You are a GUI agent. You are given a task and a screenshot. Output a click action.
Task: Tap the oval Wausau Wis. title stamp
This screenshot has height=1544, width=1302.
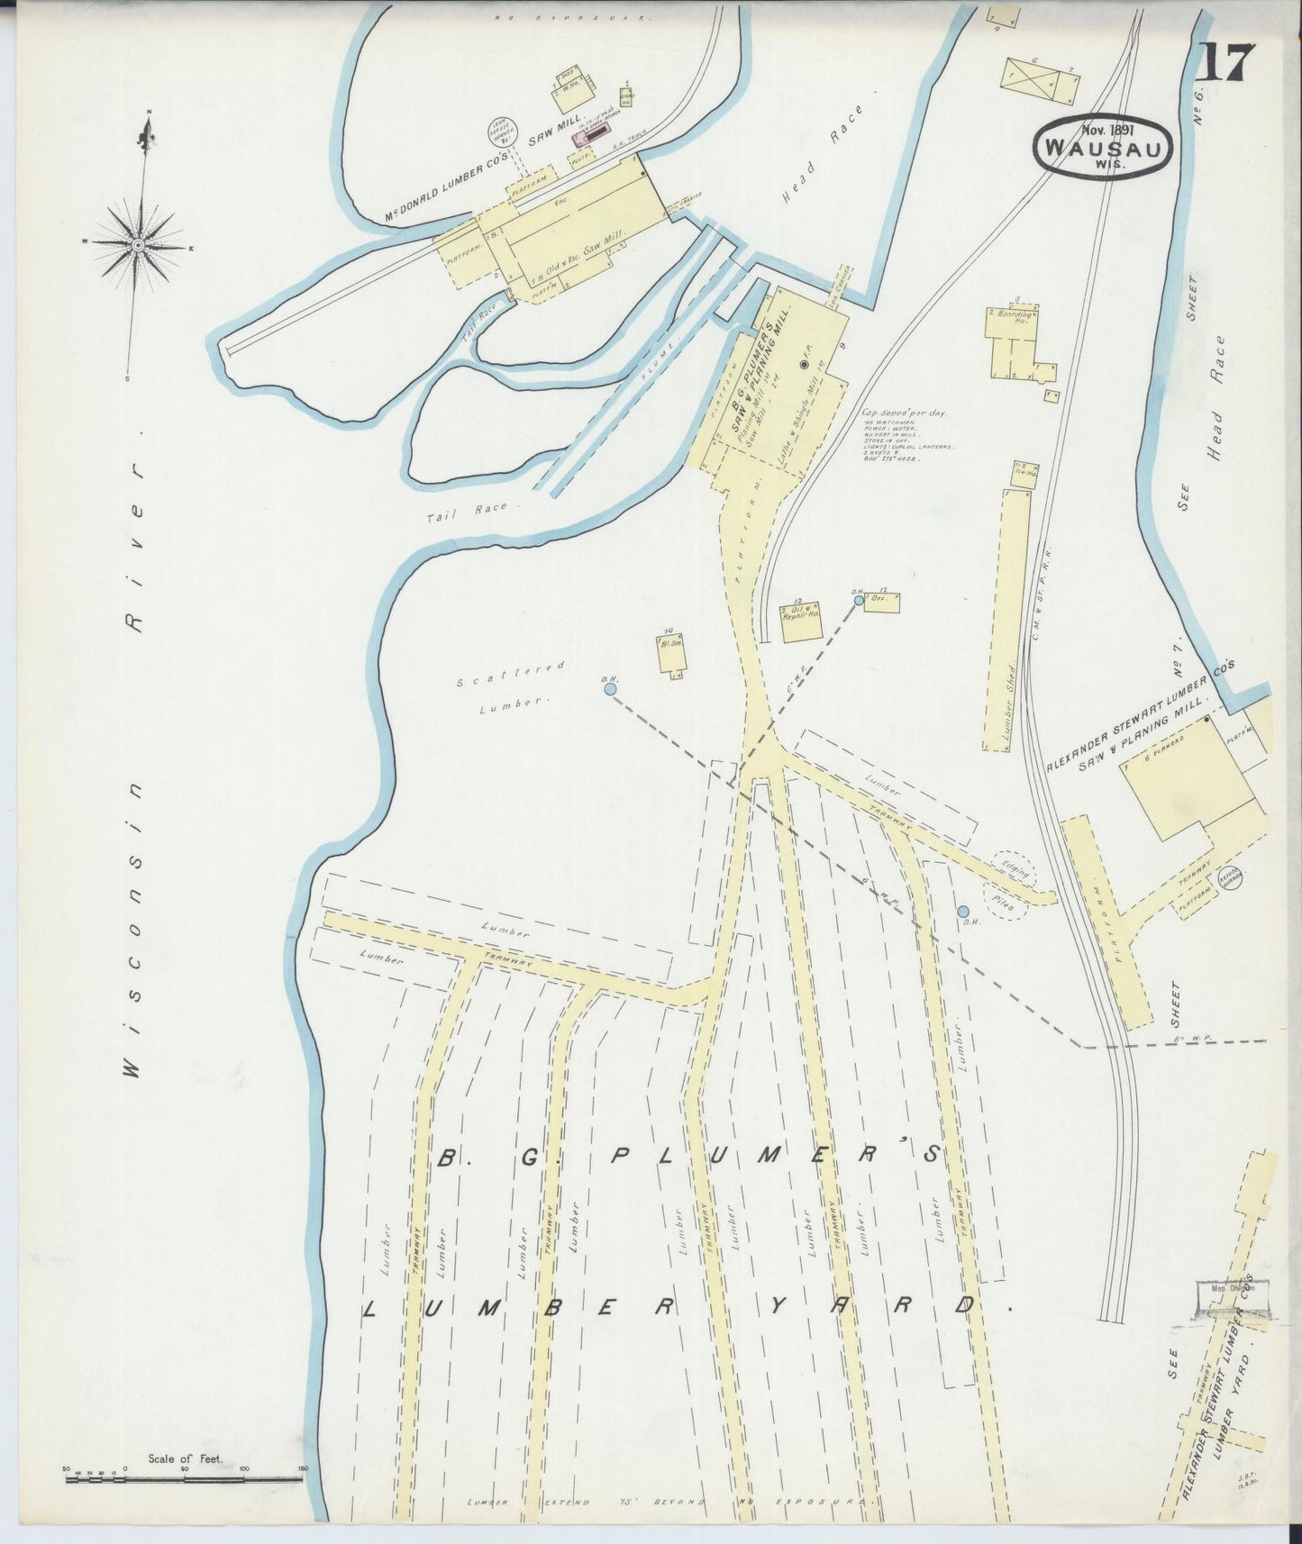point(1103,148)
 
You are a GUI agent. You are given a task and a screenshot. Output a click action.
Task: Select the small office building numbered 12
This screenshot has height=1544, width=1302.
point(881,603)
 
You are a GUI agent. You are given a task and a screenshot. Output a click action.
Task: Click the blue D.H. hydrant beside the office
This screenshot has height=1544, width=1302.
point(858,599)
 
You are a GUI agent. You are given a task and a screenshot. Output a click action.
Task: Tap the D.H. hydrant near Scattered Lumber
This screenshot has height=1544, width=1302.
point(610,689)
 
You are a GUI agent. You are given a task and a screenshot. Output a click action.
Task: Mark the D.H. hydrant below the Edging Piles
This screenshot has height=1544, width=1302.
point(963,912)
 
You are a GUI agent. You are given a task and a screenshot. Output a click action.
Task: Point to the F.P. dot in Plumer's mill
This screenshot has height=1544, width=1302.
point(804,365)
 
